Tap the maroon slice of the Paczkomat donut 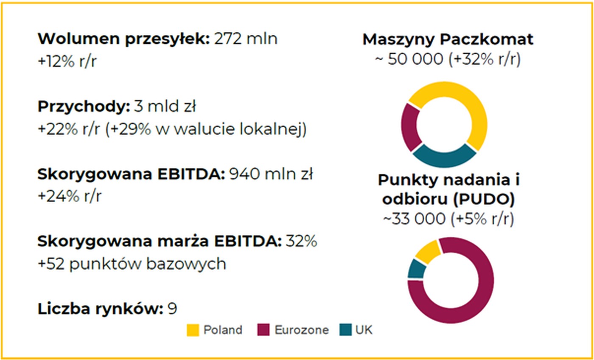(410, 127)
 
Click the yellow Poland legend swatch (193, 330)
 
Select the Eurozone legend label (301, 330)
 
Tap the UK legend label (364, 330)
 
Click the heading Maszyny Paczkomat (448, 39)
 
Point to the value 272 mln (246, 39)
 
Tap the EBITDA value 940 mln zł (271, 174)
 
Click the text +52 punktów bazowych (132, 264)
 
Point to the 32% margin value (301, 242)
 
